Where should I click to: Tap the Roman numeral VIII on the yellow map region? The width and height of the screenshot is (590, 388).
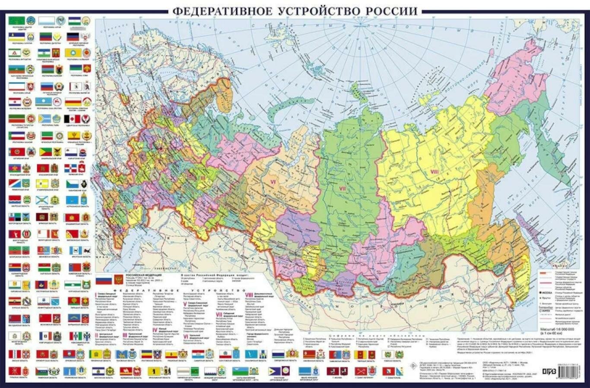coord(435,172)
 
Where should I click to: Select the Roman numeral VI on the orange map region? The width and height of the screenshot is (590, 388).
coord(273,182)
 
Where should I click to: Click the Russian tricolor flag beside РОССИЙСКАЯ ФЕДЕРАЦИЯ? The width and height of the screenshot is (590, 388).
coord(104,280)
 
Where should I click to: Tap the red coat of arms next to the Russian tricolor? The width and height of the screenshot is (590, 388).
coord(118,280)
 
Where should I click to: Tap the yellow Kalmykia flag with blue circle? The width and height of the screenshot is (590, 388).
coord(72,53)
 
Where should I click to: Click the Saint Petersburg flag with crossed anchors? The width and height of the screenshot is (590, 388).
coord(361,371)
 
